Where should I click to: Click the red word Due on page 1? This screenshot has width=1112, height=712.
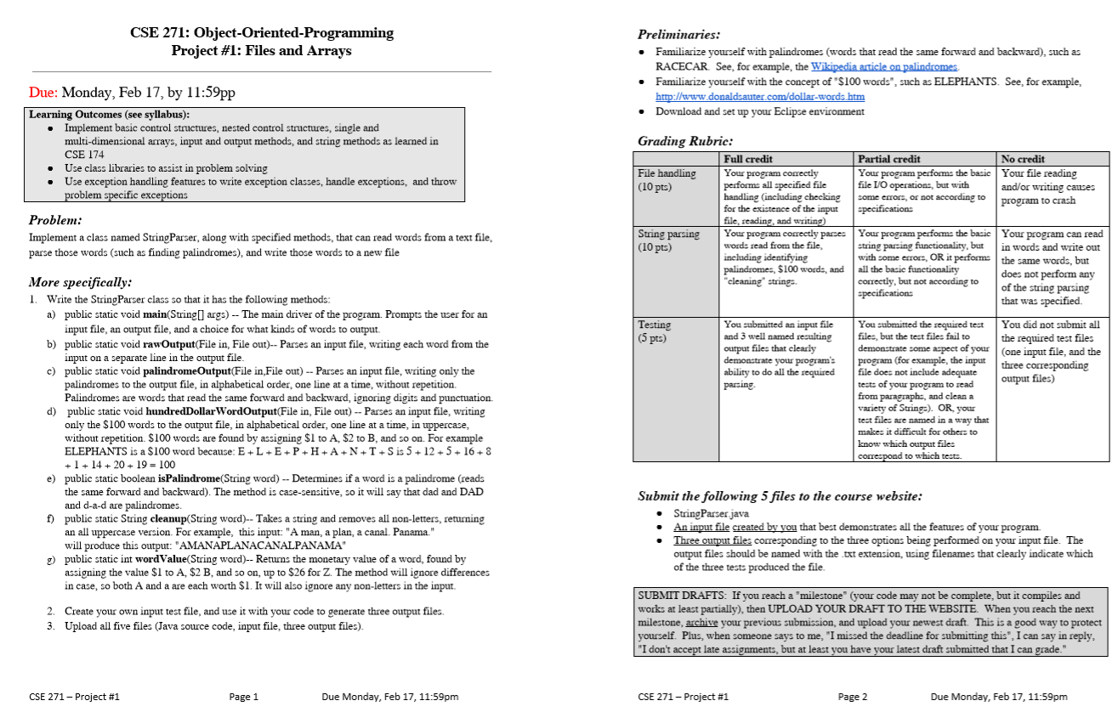[43, 93]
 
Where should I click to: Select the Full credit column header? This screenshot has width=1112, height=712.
[747, 159]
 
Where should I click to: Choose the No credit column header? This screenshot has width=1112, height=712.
[1024, 159]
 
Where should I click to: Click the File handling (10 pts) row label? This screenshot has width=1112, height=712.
[667, 179]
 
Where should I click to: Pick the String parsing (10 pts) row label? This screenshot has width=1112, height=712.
[668, 240]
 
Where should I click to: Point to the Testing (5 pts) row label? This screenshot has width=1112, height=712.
[655, 331]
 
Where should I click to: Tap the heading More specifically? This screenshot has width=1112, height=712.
[80, 282]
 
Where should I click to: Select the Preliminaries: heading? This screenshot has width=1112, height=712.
[678, 35]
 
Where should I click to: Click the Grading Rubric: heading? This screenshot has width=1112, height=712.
[684, 141]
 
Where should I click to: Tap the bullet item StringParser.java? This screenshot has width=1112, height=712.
[711, 514]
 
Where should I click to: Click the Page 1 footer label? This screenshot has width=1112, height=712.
[243, 697]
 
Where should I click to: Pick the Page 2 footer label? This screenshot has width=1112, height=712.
[852, 697]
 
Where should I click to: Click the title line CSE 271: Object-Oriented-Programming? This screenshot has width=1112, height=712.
[261, 33]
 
